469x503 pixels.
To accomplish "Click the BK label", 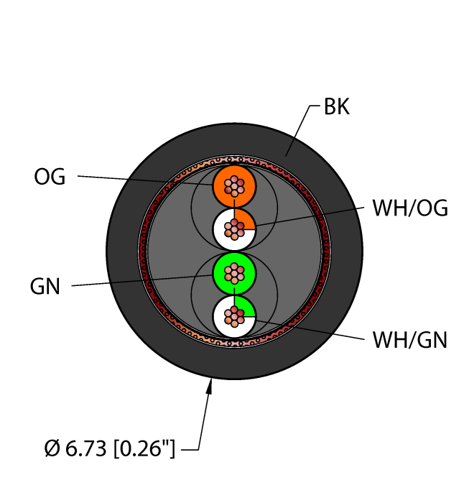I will point(336,108).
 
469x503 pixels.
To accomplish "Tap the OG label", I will point(50,176).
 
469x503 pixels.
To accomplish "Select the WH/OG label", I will point(410,208).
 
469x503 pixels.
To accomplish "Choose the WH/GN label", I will point(410,339).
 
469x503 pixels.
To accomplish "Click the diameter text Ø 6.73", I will point(79,450).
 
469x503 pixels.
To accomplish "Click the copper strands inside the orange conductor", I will point(235,187).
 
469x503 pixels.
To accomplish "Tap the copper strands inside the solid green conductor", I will point(235,273).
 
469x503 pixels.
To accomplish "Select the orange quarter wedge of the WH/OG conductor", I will point(243,220).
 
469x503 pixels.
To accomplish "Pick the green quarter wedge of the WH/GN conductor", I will point(244,307).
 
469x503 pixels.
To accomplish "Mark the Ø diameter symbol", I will point(52,450).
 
